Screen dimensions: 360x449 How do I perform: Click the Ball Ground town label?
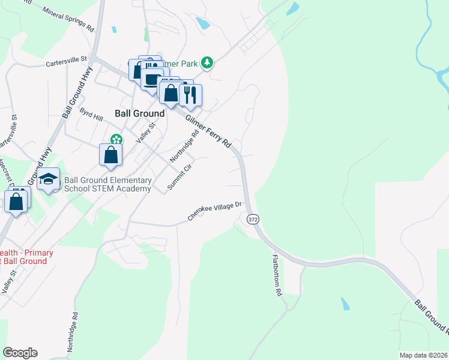tap(139, 113)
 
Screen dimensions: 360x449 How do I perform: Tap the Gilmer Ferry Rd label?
tap(208, 132)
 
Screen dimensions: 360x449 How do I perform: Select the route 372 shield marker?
tap(253, 220)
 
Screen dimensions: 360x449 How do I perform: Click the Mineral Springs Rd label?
tap(70, 19)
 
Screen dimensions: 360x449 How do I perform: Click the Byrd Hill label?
tap(91, 115)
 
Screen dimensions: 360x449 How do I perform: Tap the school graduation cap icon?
tap(48, 179)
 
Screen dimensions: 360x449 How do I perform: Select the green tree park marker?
tap(207, 62)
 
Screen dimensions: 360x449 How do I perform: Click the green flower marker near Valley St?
tap(113, 139)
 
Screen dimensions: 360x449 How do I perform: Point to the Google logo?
tap(20, 353)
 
